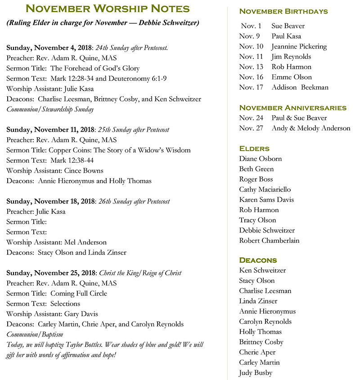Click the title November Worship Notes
[108, 9]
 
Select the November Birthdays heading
[283, 11]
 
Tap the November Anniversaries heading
[293, 107]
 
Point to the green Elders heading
[254, 148]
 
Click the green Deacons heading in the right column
[258, 260]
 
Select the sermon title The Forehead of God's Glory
[95, 68]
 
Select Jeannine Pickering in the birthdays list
[299, 46]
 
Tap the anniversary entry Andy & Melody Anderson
[310, 128]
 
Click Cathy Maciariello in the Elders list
[265, 189]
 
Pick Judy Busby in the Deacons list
[256, 373]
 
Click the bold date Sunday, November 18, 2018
[50, 201]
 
